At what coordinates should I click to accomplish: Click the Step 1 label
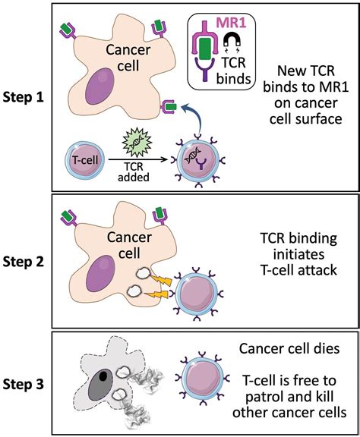tap(24, 98)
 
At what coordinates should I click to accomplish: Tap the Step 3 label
tap(24, 384)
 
